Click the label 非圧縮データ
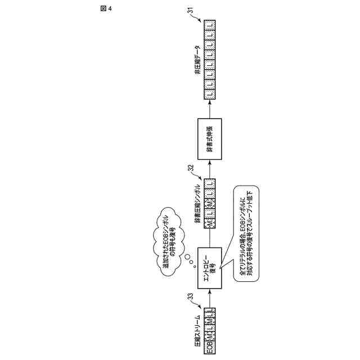(x=196, y=59)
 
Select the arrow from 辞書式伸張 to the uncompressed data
(x=209, y=110)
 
